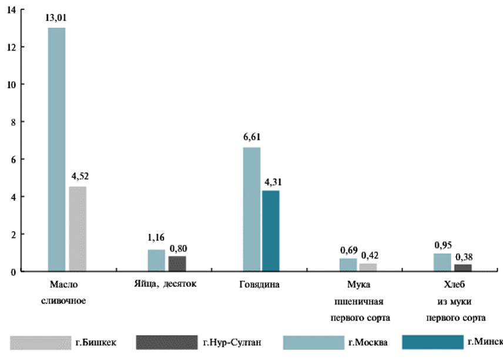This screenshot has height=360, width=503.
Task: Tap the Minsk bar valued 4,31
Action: point(270,231)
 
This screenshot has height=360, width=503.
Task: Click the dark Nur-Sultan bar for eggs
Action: point(177,264)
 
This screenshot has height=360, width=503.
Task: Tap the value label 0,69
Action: point(348,250)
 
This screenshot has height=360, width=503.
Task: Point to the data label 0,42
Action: point(370,255)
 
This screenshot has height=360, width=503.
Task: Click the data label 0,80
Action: point(178,248)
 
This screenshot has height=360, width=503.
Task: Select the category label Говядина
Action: point(260,285)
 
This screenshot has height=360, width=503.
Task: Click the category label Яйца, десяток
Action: point(166,285)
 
